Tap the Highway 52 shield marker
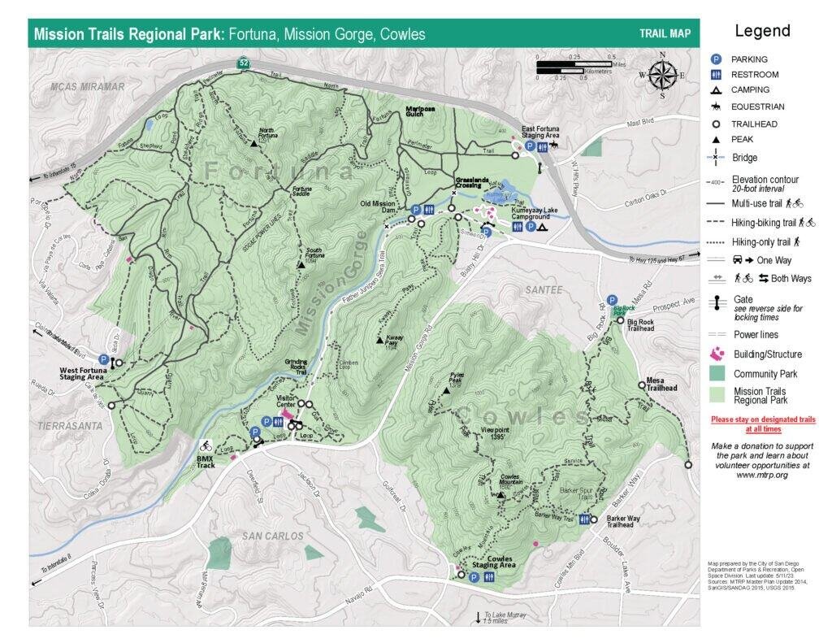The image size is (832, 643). [x=243, y=63]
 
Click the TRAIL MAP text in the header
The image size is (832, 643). [x=665, y=34]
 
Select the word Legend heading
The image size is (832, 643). [x=762, y=31]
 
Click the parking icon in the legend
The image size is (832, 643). [x=716, y=59]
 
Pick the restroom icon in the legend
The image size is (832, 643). [x=716, y=75]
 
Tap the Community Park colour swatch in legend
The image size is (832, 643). [x=717, y=374]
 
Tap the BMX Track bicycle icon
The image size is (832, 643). [x=206, y=445]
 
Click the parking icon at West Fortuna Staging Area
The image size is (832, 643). [x=104, y=358]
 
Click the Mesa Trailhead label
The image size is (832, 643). [x=662, y=384]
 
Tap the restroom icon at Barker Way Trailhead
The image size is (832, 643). [x=584, y=519]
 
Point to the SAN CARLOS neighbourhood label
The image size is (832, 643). [x=273, y=537]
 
